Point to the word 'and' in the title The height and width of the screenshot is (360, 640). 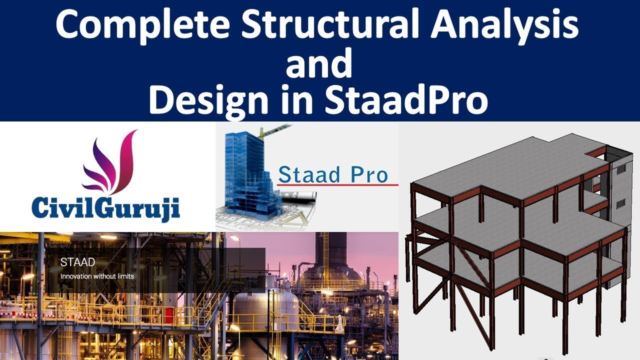pyautogui.click(x=320, y=64)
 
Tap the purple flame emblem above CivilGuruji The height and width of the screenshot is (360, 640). pyautogui.click(x=110, y=162)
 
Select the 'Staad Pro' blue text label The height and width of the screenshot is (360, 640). pyautogui.click(x=332, y=174)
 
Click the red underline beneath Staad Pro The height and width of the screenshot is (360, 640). pyautogui.click(x=337, y=185)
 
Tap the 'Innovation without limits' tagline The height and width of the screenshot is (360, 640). pyautogui.click(x=97, y=275)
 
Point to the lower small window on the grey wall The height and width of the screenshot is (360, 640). pyautogui.click(x=620, y=204)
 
